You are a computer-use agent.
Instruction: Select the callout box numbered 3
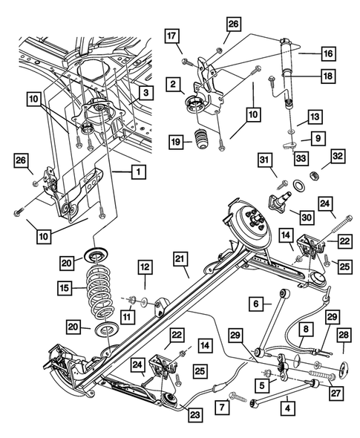146,93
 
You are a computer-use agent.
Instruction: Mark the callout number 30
305,216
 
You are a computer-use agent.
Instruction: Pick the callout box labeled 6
255,304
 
